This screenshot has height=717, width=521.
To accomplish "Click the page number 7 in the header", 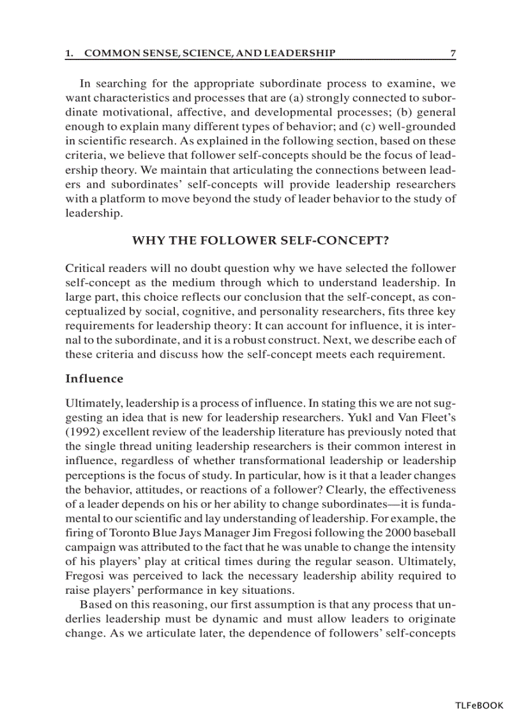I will tap(453, 54).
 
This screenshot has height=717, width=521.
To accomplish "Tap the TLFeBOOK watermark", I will tap(479, 706).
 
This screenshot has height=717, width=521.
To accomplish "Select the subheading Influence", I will tap(94, 379).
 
